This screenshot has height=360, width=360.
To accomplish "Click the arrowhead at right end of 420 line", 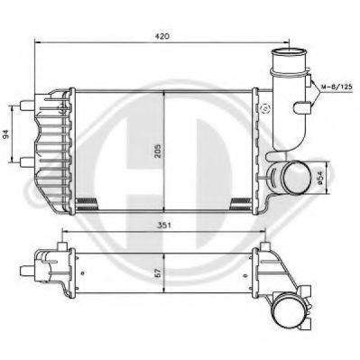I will pyautogui.click(x=287, y=42).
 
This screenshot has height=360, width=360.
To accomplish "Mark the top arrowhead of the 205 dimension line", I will pyautogui.click(x=163, y=92).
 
